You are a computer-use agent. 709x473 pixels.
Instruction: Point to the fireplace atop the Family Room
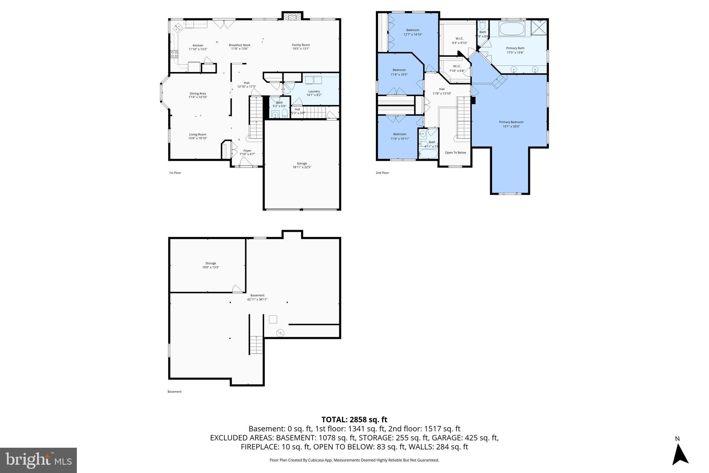[x=292, y=17]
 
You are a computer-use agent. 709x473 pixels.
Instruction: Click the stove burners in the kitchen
[x=174, y=54]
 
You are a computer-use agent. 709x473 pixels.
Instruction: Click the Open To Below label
[x=455, y=152]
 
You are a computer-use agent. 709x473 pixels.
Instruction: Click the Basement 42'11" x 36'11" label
[x=257, y=297]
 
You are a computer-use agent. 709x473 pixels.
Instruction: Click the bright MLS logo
[x=38, y=460]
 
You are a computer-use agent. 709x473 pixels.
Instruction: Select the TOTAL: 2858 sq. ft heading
[x=354, y=420]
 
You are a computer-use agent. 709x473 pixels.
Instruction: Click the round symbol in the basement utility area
[x=280, y=333]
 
